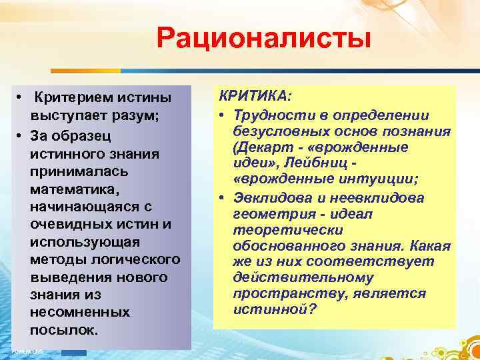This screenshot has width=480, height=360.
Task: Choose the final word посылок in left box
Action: [63, 330]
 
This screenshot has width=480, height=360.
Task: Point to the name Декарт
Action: [261, 147]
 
